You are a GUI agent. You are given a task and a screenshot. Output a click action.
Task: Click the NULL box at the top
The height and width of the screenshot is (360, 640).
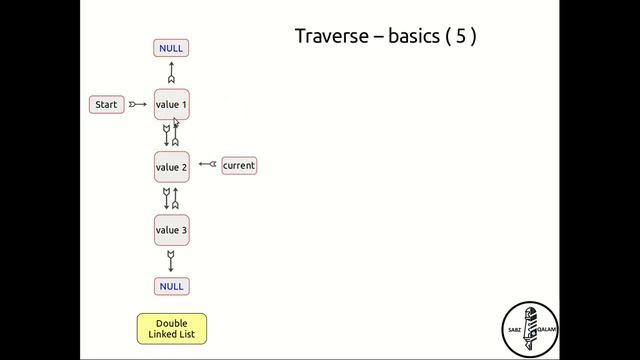point(171,48)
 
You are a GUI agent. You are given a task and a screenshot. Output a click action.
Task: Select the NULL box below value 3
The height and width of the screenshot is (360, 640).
point(171,286)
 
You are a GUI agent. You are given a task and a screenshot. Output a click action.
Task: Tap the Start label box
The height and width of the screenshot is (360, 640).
point(106,104)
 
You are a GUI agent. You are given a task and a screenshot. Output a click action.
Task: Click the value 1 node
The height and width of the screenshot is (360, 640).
point(171,104)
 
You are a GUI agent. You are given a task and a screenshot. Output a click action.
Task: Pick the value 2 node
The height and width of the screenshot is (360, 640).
point(171,167)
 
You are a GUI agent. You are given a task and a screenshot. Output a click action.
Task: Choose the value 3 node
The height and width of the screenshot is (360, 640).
point(171,230)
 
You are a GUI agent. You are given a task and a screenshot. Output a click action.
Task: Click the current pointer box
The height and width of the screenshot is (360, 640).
point(239,165)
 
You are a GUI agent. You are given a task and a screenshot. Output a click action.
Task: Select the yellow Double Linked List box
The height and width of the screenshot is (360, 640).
point(171,328)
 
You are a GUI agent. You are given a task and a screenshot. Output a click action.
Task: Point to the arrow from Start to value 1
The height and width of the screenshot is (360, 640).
point(138,104)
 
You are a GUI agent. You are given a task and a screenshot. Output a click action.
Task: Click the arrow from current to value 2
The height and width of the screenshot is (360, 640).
point(207,164)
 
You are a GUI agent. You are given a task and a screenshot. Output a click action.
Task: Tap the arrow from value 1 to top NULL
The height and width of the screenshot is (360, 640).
point(171,73)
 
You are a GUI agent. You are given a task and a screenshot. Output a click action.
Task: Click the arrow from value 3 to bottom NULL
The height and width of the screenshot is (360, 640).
point(171,260)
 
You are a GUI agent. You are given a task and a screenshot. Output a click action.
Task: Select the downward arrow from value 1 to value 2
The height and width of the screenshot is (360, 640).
point(166,135)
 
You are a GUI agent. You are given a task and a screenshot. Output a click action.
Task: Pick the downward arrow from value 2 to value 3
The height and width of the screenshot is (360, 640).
point(166,198)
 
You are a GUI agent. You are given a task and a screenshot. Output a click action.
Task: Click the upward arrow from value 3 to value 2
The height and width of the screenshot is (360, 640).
point(176,198)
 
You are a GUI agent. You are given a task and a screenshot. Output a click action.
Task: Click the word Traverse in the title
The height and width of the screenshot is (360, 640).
point(328,37)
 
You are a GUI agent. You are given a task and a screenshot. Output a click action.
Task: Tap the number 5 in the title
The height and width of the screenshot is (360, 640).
point(460,37)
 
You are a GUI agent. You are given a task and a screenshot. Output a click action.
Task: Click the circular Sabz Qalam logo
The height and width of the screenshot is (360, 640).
point(529,328)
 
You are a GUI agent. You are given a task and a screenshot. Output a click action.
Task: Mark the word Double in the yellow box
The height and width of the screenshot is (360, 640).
point(171,323)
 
